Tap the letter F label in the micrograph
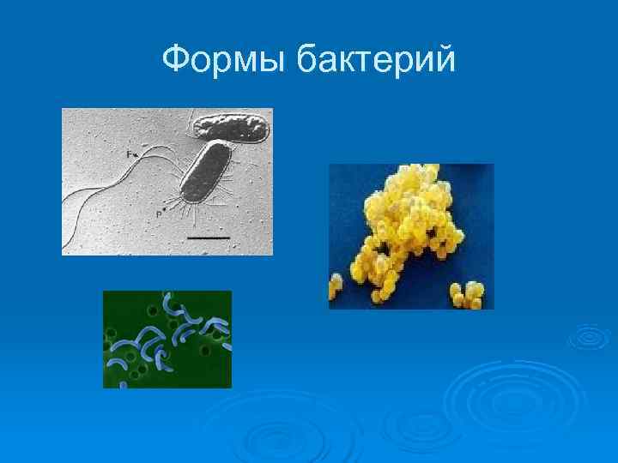(x=128, y=153)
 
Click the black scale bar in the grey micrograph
(x=208, y=235)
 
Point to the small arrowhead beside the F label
(x=135, y=154)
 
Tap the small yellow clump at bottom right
(x=468, y=295)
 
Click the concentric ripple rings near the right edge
(x=589, y=338)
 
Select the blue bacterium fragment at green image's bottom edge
(x=122, y=385)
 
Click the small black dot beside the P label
(x=166, y=209)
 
